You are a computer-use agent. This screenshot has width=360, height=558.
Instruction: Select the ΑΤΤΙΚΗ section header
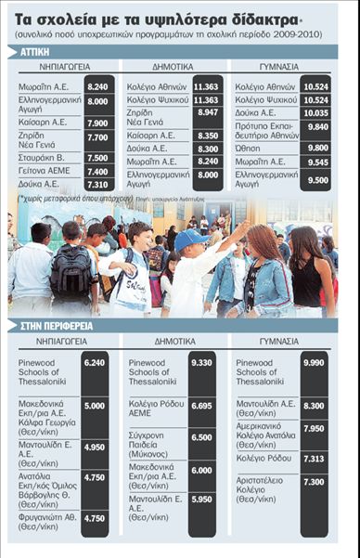tap(30, 52)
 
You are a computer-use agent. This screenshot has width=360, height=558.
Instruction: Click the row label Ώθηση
tap(249, 147)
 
